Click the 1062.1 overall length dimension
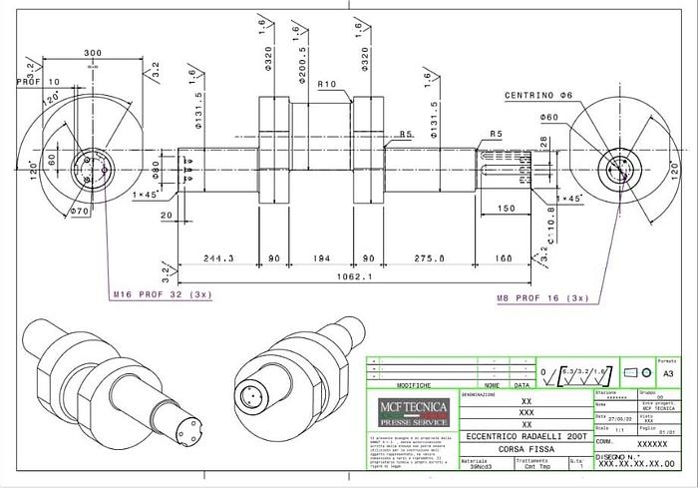(353, 276)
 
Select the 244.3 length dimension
(217, 257)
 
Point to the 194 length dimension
(319, 257)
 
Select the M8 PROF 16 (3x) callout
(541, 297)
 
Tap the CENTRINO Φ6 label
(537, 95)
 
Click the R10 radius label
(326, 85)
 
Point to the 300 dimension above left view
(93, 53)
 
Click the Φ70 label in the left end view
(81, 212)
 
